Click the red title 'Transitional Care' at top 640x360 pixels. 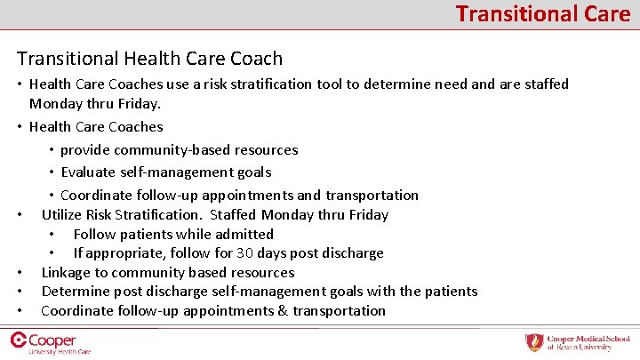543,13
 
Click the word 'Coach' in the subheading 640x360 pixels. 255,59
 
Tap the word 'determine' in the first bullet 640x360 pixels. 397,84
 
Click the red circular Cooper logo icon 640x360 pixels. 17,340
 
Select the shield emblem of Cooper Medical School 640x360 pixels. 533,342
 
